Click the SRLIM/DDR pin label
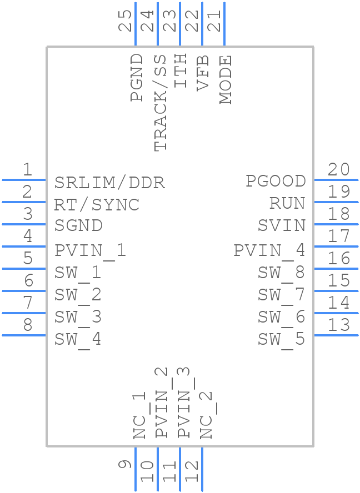pos(109,182)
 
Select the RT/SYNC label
pos(97,204)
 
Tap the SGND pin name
pos(78,226)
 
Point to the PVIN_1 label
pos(91,250)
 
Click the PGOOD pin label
pos(276,181)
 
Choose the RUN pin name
pos(287,203)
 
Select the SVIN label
pos(282,225)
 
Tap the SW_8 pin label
pos(281,273)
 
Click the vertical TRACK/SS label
pos(159,103)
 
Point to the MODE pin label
pos(225,80)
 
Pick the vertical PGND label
pos(137,78)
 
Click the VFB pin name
pos(203,73)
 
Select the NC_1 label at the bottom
pos(139,415)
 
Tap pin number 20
pos(339,170)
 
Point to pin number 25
pos(127,21)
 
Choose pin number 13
pos(339,325)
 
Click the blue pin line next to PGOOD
pos(336,180)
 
